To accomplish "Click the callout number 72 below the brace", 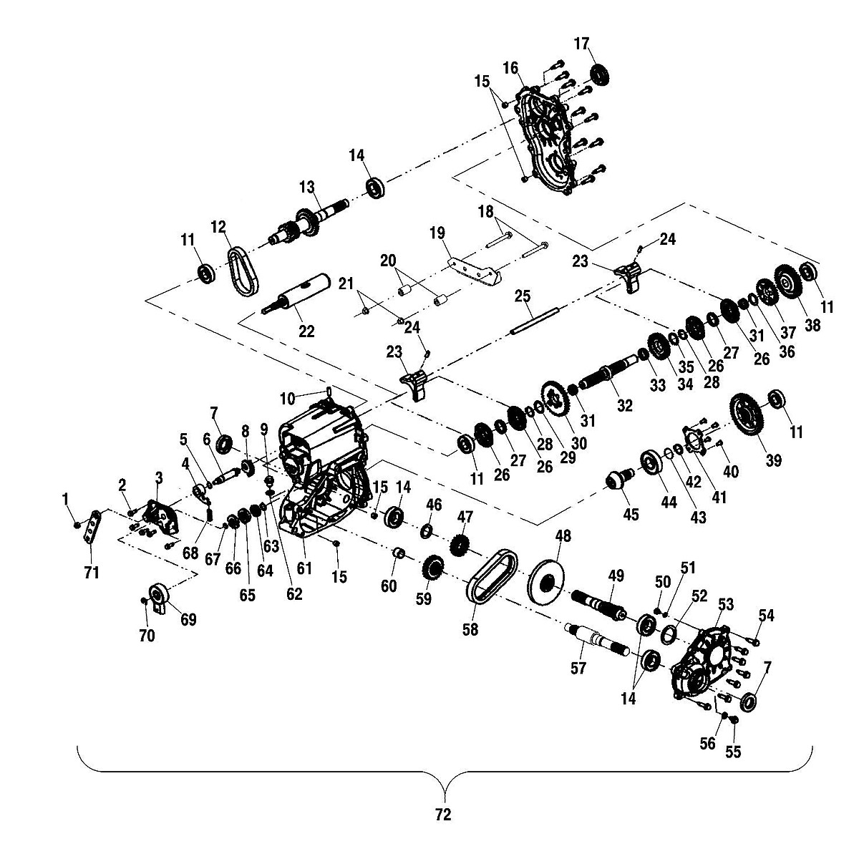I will (443, 815).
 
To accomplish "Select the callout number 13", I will (307, 188).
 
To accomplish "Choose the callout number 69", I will (188, 619).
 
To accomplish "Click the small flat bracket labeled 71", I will (92, 527).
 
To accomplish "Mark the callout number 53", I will (726, 606).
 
